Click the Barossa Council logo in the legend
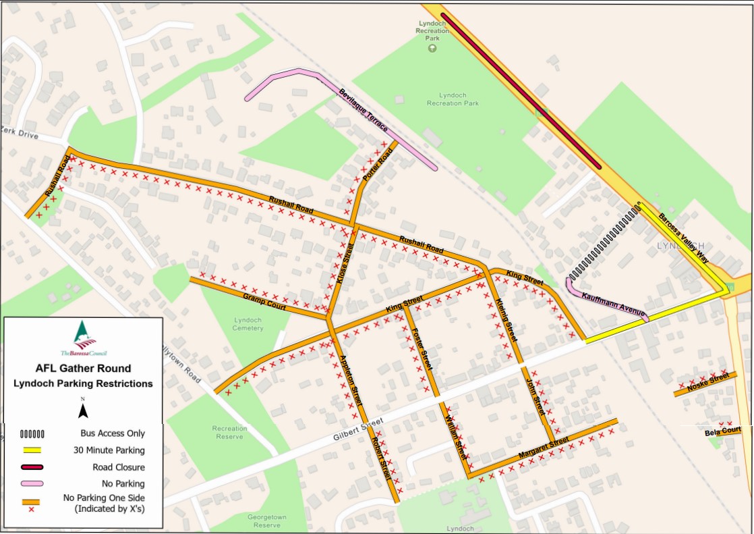84,338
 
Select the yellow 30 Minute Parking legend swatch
32,450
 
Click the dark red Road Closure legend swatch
32,467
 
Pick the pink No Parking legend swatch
32,484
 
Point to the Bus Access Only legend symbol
32,433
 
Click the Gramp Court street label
265,301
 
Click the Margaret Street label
544,450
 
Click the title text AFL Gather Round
83,369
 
